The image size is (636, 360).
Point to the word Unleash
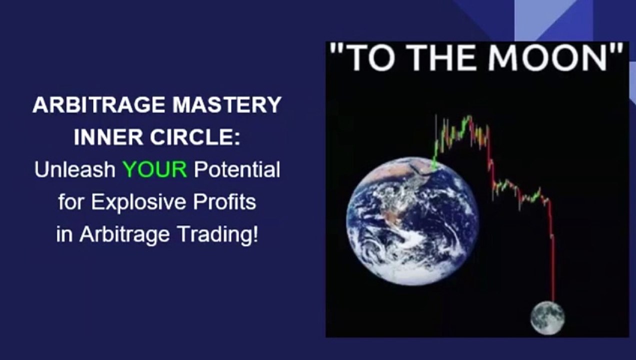(75, 170)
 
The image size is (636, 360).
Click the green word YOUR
(155, 170)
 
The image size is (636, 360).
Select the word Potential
(237, 170)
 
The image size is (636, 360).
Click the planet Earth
(411, 220)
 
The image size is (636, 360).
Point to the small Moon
(547, 317)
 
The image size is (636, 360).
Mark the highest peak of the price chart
(469, 118)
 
